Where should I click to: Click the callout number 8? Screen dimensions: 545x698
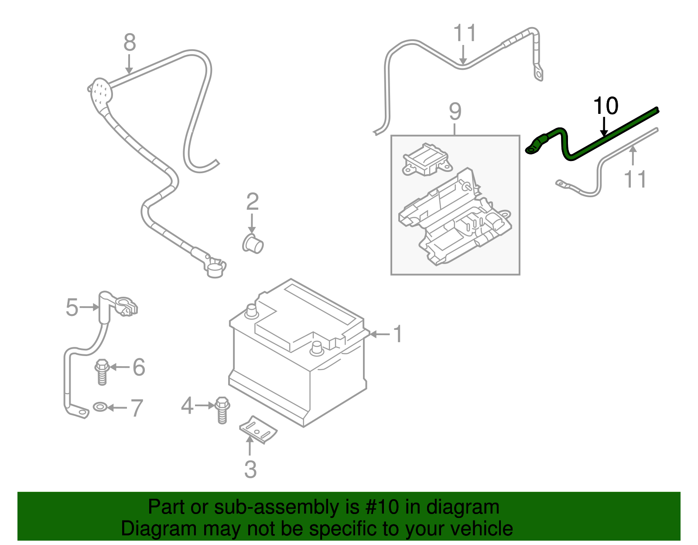130,43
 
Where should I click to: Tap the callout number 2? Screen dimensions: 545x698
252,202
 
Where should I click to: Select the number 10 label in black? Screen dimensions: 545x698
606,106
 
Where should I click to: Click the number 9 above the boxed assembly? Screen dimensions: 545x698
455,112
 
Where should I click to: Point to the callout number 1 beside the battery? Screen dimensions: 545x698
397,334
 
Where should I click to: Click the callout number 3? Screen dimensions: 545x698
250,469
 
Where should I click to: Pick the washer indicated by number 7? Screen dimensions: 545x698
100,408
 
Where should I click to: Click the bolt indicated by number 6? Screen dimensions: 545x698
102,372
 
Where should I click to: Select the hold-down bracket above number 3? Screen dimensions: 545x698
258,430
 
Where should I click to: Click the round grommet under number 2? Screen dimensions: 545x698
253,244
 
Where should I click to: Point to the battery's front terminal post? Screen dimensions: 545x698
316,348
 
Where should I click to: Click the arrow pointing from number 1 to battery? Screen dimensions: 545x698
380,334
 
